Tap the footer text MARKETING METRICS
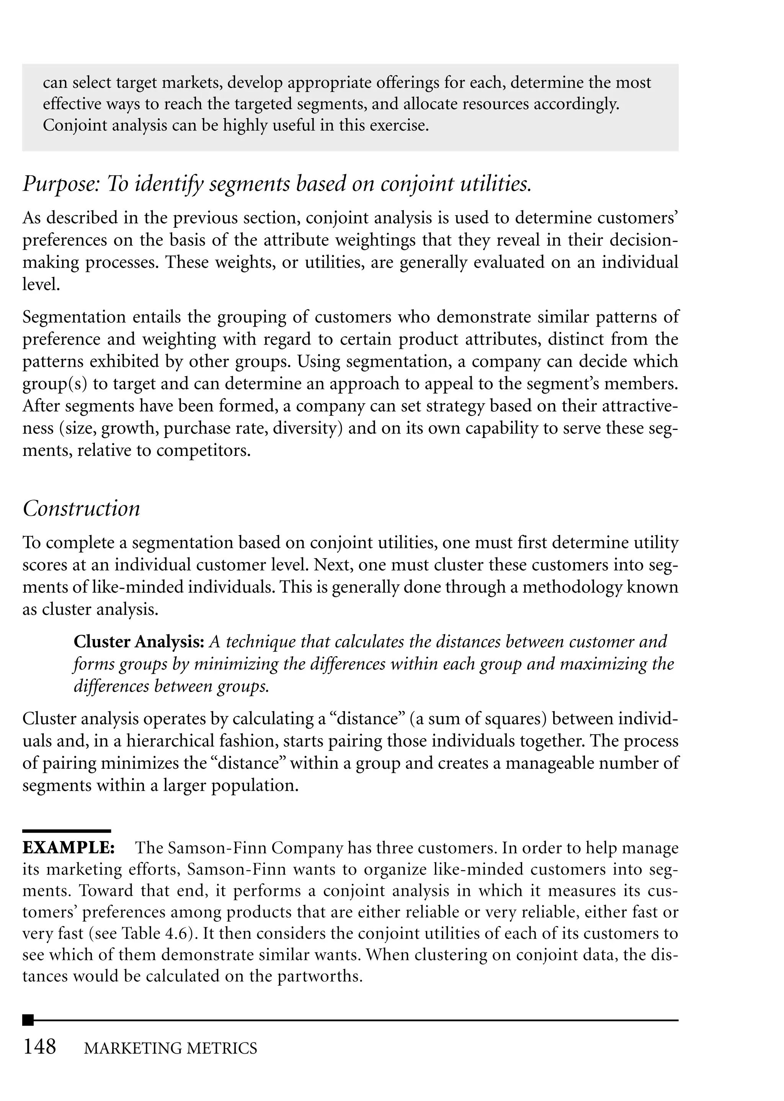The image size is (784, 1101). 170,1049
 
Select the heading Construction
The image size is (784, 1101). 82,509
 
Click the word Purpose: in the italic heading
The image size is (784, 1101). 60,185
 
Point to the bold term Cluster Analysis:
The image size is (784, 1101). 139,642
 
